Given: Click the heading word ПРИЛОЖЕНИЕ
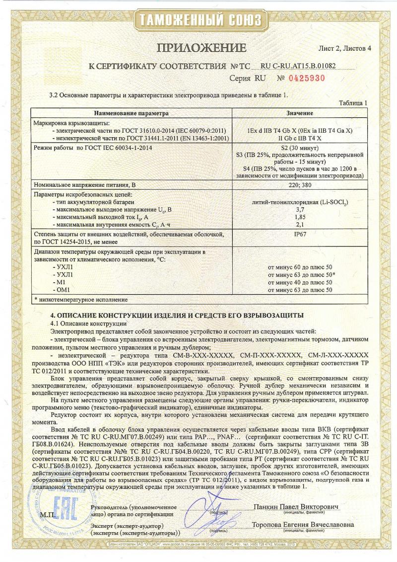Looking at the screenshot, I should [x=201, y=48].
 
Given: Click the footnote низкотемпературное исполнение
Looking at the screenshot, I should [x=83, y=299].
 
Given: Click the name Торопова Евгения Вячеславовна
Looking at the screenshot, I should [x=303, y=525].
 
